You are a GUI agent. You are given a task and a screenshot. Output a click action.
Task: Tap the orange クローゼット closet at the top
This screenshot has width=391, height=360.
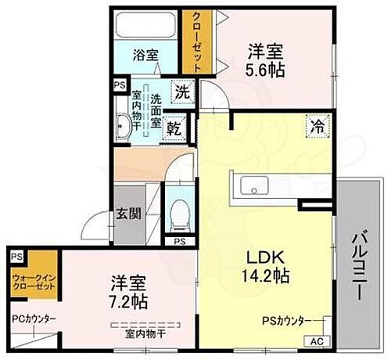[193, 41]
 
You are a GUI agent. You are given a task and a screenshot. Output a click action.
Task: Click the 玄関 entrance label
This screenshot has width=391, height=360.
[128, 213]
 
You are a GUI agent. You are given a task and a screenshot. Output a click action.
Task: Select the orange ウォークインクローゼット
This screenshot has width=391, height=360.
[33, 281]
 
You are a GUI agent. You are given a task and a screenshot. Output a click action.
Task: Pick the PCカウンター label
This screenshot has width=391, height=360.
[33, 319]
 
